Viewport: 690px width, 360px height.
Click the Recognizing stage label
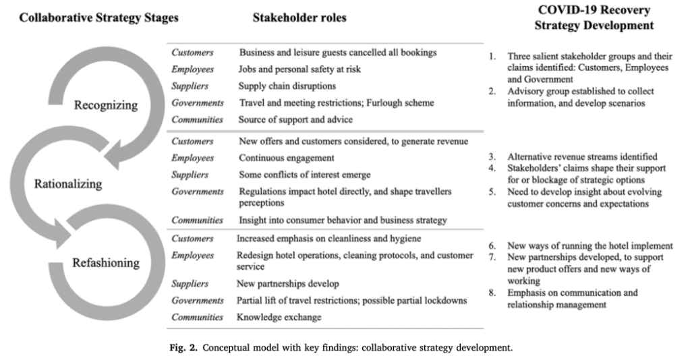(x=106, y=104)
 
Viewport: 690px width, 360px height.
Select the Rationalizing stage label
(x=69, y=183)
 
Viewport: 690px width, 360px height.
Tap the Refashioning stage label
(x=107, y=262)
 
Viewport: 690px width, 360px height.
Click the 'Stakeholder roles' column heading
(x=299, y=18)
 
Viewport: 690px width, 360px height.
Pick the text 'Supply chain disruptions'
(x=287, y=86)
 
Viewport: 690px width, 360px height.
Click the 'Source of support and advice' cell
(x=297, y=119)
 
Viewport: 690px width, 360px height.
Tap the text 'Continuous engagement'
(x=287, y=158)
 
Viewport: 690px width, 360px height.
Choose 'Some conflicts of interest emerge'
(x=305, y=175)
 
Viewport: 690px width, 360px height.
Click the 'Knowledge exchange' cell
(x=279, y=317)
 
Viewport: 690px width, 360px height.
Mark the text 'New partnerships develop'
(x=287, y=284)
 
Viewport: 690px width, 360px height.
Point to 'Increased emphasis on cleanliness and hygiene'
(x=329, y=239)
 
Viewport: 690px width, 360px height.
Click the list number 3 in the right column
(x=493, y=157)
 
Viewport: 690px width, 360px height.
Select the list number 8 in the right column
(x=493, y=293)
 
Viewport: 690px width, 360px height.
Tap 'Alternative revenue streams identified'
(x=582, y=157)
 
